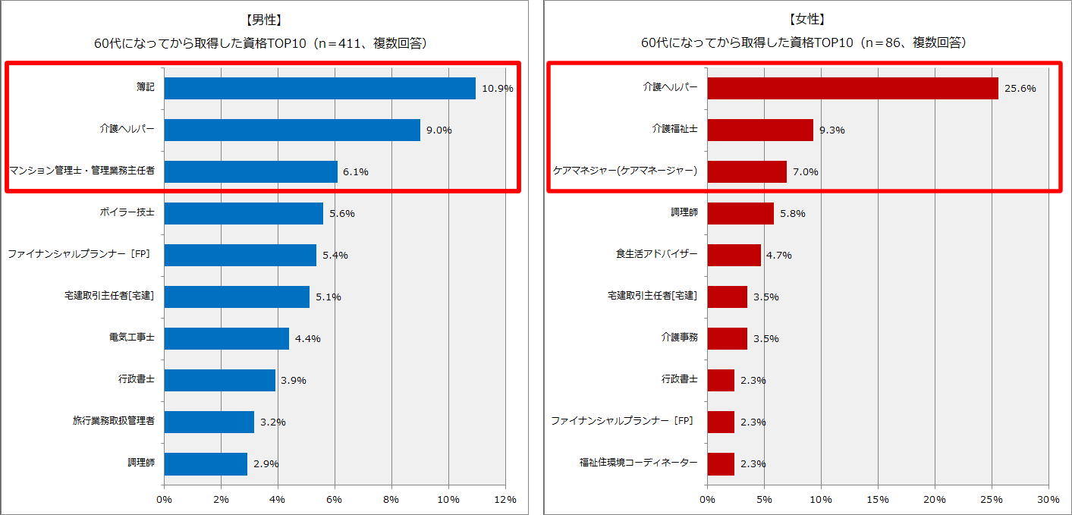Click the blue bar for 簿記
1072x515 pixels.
coord(319,88)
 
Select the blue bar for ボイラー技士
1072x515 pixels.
coord(244,213)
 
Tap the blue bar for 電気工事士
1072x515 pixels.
coord(226,338)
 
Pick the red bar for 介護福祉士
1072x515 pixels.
coord(760,130)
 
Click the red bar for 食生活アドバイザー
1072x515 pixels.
coord(734,255)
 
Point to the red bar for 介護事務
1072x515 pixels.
coord(727,338)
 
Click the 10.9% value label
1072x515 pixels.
coord(498,88)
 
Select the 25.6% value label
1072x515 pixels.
coord(1020,88)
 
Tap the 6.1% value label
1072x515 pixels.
coord(356,171)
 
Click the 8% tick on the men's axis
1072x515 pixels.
coord(391,500)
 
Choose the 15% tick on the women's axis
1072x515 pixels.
coord(878,500)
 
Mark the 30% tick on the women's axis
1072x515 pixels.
coord(1048,500)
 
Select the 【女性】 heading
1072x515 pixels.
coord(806,19)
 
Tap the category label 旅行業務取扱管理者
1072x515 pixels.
coord(114,421)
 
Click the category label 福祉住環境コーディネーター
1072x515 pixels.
coord(639,463)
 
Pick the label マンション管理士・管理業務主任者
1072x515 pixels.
coord(82,171)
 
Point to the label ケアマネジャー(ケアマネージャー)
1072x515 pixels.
coord(624,171)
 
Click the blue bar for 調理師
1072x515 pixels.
coord(206,463)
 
